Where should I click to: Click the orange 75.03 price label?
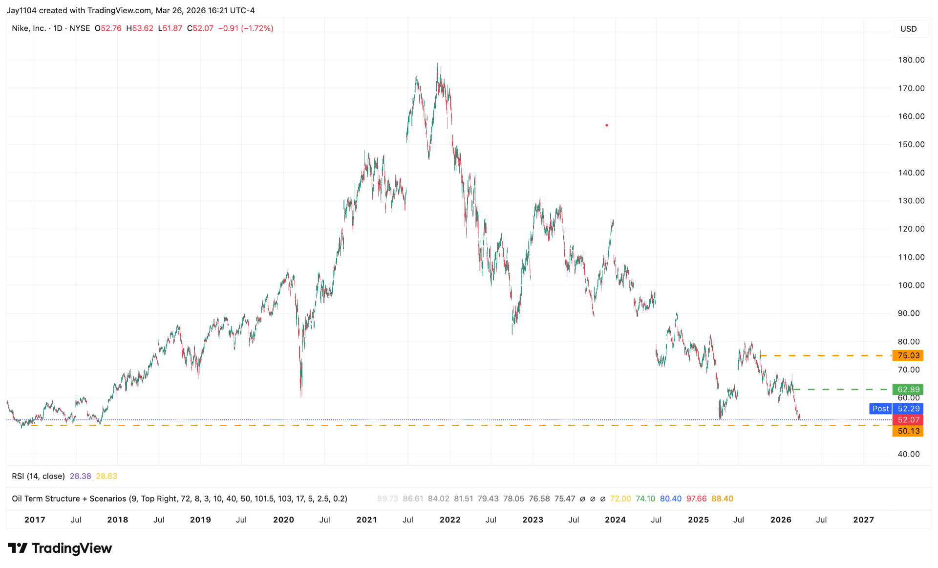pyautogui.click(x=908, y=355)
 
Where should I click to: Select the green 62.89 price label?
pyautogui.click(x=908, y=390)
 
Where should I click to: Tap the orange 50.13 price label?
pyautogui.click(x=908, y=431)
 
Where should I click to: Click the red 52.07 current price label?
pyautogui.click(x=908, y=420)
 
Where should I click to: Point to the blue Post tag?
pyautogui.click(x=880, y=409)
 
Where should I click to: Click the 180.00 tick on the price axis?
pyautogui.click(x=911, y=60)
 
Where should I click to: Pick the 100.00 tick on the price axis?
pyautogui.click(x=911, y=285)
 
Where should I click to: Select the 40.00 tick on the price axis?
pyautogui.click(x=909, y=454)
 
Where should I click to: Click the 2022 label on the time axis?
pyautogui.click(x=450, y=520)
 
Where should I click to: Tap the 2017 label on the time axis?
pyautogui.click(x=35, y=520)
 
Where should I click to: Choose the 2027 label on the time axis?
pyautogui.click(x=863, y=520)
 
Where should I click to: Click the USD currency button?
pyautogui.click(x=908, y=29)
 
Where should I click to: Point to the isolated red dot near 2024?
pyautogui.click(x=607, y=125)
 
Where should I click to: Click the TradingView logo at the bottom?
pyautogui.click(x=60, y=548)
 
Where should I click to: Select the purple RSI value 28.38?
pyautogui.click(x=80, y=476)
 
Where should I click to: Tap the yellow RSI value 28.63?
pyautogui.click(x=107, y=476)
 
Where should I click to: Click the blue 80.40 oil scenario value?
pyautogui.click(x=670, y=499)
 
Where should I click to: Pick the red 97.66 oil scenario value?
pyautogui.click(x=696, y=499)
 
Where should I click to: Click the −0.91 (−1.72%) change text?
pyautogui.click(x=246, y=28)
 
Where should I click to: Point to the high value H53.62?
pyautogui.click(x=140, y=28)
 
